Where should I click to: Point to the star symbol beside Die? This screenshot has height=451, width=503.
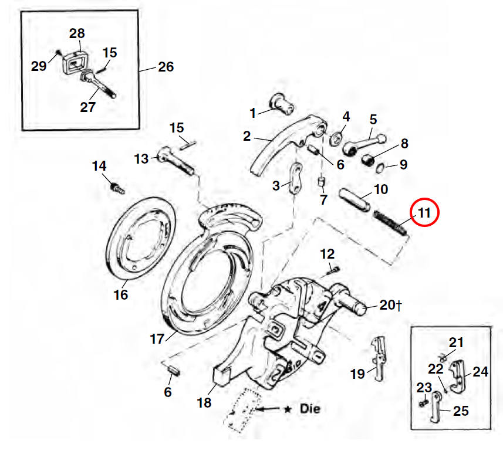click(287, 409)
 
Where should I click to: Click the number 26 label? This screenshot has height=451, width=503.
click(166, 67)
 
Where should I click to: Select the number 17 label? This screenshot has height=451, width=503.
click(157, 339)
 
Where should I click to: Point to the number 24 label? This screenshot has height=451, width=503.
click(480, 371)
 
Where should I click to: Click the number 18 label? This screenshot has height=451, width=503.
click(204, 403)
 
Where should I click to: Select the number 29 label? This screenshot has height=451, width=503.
click(39, 66)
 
